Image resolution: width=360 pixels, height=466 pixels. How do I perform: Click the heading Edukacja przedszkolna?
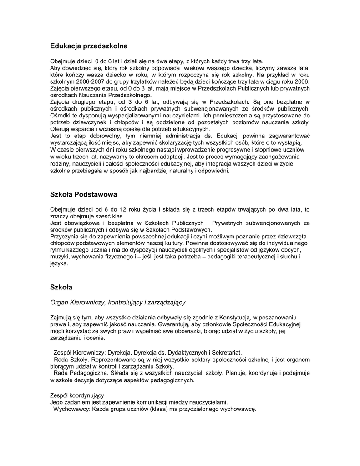coord(89,46)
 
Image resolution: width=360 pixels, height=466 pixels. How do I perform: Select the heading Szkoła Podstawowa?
coord(83,194)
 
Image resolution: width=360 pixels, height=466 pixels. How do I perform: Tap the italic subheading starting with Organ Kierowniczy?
coord(117,302)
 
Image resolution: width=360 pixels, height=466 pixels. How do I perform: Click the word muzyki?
coord(59,257)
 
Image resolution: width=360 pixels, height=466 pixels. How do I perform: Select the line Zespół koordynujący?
coord(77,395)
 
